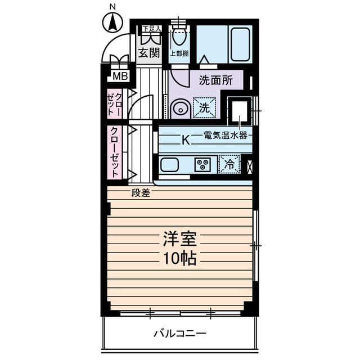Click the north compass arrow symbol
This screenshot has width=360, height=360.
(112, 22)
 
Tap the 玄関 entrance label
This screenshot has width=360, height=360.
(148, 53)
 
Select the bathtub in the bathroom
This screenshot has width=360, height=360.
(240, 44)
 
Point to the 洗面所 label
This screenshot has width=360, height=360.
(215, 80)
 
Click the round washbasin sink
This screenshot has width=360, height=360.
(181, 109)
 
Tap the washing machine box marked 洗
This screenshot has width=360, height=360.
(204, 107)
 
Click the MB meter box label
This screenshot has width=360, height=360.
(120, 76)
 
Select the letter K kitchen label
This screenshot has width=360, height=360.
(186, 139)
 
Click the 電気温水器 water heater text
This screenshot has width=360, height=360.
(226, 135)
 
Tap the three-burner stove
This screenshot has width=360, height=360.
(202, 165)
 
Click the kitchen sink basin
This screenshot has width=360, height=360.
(170, 165)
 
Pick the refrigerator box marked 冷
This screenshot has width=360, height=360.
(229, 164)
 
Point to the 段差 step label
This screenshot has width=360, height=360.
(141, 193)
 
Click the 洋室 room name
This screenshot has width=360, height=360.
(179, 238)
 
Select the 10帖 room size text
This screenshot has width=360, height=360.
(179, 259)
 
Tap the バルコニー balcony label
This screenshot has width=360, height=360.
(180, 334)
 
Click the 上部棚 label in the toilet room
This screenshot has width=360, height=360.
(179, 53)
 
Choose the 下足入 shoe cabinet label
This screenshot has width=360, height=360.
(152, 29)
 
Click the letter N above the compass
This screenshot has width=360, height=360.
(112, 7)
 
